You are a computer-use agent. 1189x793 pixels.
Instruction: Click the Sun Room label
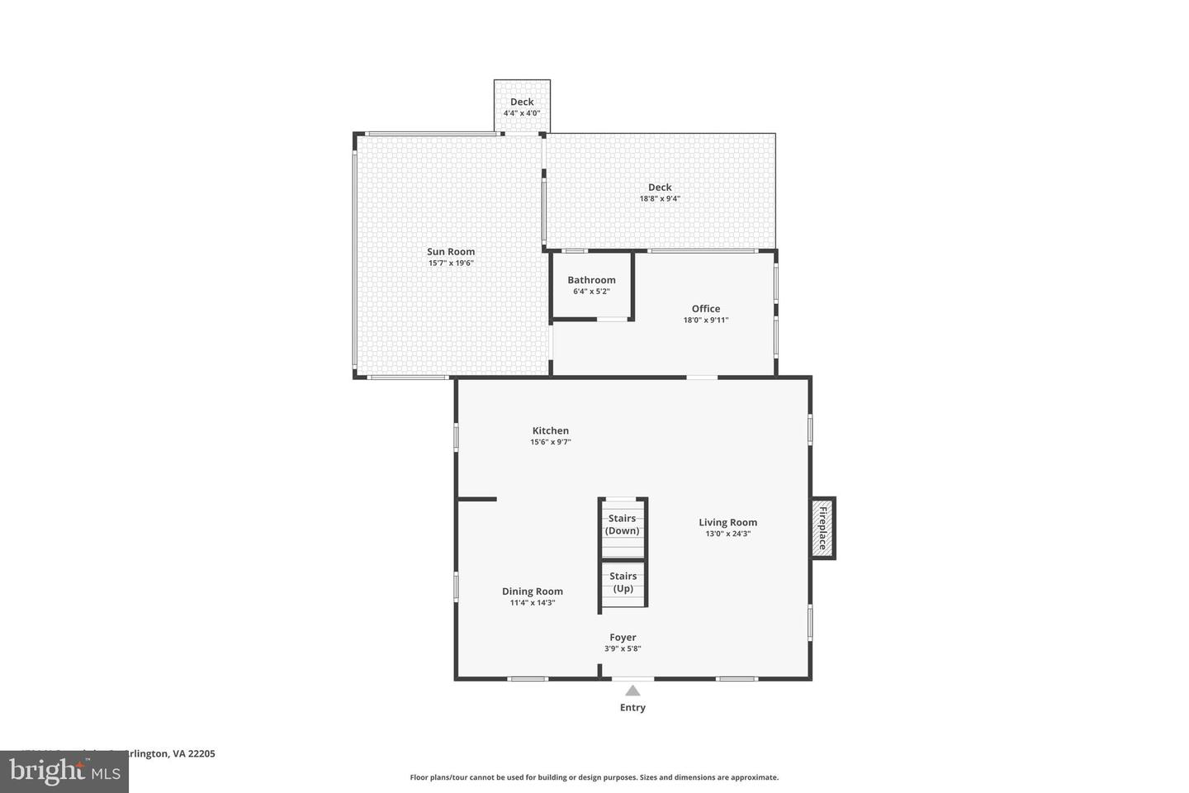click(x=450, y=252)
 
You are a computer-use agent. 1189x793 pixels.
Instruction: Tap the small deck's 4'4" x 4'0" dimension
click(x=522, y=113)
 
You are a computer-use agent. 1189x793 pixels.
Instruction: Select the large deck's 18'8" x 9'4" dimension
click(x=660, y=198)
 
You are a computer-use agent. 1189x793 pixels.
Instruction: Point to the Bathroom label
click(x=591, y=280)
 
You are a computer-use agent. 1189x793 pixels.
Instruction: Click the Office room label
click(x=706, y=309)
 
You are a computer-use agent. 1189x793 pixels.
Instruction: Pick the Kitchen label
click(x=550, y=430)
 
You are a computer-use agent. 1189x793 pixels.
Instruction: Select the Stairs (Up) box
click(x=623, y=583)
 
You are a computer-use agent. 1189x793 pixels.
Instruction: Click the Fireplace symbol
click(x=822, y=528)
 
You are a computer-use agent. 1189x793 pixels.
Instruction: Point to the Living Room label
click(x=727, y=522)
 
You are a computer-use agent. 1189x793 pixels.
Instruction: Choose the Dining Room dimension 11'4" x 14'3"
click(x=533, y=603)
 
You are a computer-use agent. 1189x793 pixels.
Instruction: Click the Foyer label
click(x=623, y=637)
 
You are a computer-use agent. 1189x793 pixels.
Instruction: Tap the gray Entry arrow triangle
click(x=632, y=691)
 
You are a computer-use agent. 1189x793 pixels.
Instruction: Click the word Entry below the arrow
click(x=632, y=708)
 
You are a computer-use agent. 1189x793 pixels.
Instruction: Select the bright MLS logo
click(x=64, y=772)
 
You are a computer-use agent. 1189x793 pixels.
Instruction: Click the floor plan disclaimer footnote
click(x=594, y=777)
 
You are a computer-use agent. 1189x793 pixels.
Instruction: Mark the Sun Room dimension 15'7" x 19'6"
click(x=450, y=264)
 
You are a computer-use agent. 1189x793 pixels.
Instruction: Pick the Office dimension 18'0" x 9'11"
click(x=706, y=321)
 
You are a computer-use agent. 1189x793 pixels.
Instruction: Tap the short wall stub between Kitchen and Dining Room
click(x=477, y=499)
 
